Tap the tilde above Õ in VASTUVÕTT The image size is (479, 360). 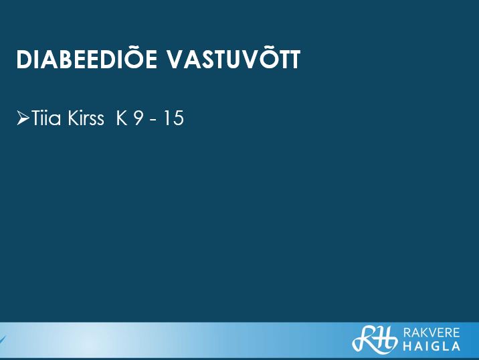tap(263, 50)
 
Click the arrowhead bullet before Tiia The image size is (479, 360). tap(23, 118)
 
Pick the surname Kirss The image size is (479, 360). tap(86, 118)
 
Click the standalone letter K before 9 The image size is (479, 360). tap(122, 118)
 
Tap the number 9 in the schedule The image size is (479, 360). tap(138, 118)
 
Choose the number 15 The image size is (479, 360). tap(173, 118)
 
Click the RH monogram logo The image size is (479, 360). tap(375, 339)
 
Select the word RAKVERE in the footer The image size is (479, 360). tap(432, 333)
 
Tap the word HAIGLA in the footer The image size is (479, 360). tap(432, 346)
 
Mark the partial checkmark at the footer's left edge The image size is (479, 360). tap(3, 339)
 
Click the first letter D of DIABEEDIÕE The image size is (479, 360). tap(23, 60)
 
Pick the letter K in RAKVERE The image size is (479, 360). tap(424, 333)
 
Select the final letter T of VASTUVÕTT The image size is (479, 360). tap(294, 60)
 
